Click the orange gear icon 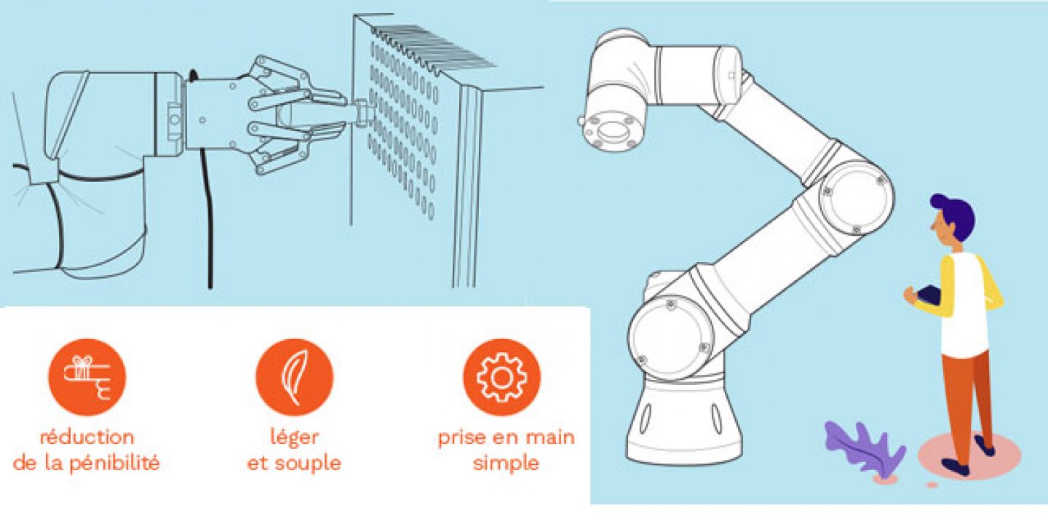point(502,377)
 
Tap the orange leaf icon point(294,377)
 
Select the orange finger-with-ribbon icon point(87,377)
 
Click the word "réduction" point(87,437)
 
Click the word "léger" point(295,438)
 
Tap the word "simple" point(507,464)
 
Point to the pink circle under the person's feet point(969,455)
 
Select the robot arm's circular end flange point(611,130)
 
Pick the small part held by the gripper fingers point(362,114)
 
